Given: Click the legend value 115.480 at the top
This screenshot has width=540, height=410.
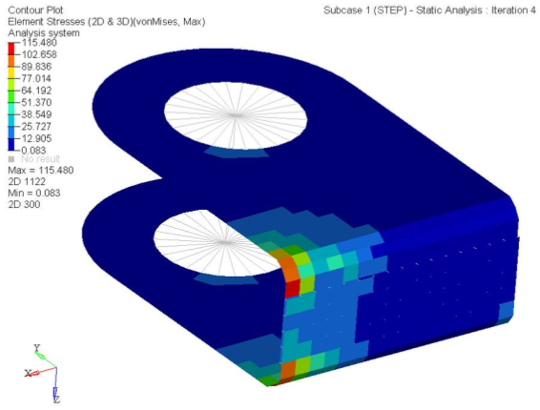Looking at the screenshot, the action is (x=40, y=43).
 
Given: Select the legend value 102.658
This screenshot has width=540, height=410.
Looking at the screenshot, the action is (x=39, y=54).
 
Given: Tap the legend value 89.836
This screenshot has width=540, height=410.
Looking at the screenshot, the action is (x=36, y=67).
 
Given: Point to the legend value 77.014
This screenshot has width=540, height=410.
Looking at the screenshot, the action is (x=36, y=78).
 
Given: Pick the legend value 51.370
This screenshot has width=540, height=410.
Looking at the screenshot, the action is (x=36, y=103).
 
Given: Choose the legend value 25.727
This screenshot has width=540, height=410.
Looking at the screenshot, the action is (x=36, y=127).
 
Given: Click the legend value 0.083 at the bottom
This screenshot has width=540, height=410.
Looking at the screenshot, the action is (x=33, y=151).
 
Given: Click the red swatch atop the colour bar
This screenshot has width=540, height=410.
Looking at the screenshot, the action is (x=11, y=49).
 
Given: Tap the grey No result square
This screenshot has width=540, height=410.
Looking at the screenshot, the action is (x=11, y=159).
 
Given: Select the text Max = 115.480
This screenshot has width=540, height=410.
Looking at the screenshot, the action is (x=41, y=171).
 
